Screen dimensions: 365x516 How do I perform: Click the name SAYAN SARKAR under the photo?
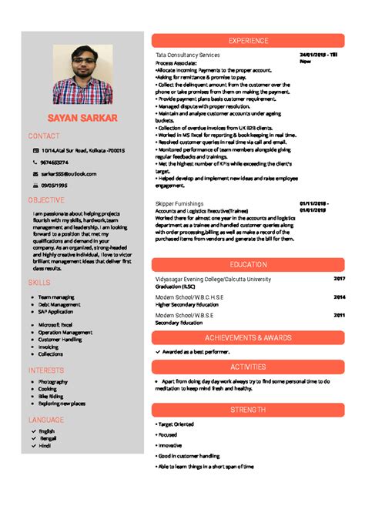pos(82,119)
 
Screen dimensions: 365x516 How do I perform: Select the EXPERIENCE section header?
pos(248,40)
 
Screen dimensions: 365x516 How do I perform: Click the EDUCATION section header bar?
pos(248,264)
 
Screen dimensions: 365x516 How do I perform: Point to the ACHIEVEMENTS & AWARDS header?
pos(248,337)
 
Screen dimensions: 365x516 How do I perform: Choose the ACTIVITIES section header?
pos(248,367)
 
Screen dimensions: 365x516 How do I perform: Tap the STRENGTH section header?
pos(248,410)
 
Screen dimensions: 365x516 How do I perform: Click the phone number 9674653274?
pos(55,163)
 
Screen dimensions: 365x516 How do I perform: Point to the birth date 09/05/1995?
pos(55,186)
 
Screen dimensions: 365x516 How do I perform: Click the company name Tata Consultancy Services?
pos(187,55)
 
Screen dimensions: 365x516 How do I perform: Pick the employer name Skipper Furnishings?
pos(181,203)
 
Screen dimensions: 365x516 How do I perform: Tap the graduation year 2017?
pos(340,278)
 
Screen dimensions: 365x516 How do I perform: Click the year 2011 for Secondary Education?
pos(340,315)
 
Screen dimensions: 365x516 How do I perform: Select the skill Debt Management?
pos(59,304)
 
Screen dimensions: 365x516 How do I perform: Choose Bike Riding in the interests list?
pos(53,396)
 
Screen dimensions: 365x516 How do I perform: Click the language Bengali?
pos(48,438)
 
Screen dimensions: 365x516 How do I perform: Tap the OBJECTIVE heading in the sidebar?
pos(46,200)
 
